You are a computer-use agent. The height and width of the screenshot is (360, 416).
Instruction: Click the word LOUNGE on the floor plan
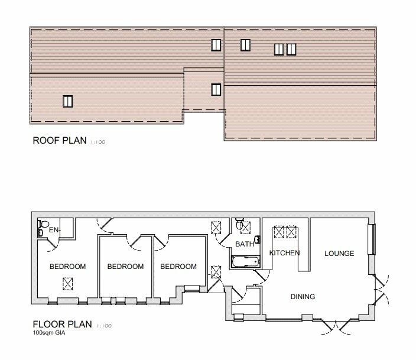(339, 254)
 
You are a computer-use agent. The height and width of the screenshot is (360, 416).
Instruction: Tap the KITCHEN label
(284, 253)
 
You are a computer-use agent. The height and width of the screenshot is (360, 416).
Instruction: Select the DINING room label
(302, 296)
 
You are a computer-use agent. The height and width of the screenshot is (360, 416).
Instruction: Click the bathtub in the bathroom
(243, 261)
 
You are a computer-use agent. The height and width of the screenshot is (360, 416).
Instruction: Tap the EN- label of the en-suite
(55, 229)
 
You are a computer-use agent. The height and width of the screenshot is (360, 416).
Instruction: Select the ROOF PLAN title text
(58, 141)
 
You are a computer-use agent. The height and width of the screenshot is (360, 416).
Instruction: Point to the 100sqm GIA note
(50, 334)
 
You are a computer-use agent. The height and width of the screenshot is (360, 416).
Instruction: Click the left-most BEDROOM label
(67, 267)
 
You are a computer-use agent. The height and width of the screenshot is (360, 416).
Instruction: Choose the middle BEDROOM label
(125, 267)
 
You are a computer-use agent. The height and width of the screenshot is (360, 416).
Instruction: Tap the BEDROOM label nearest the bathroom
(178, 267)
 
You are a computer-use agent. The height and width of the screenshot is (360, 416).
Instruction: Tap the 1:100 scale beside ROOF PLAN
(97, 142)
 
